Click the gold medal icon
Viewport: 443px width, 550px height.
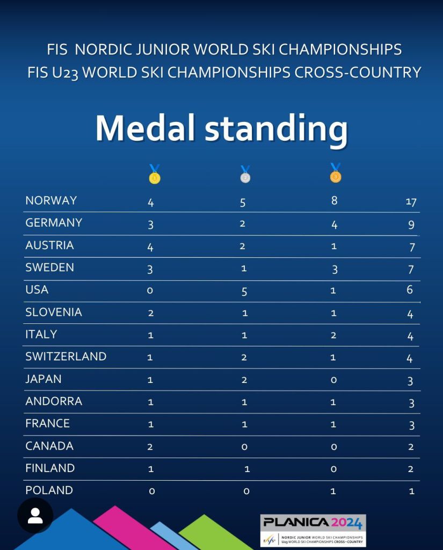155,175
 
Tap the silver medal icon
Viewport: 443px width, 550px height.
245,175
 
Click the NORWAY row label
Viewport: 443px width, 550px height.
51,200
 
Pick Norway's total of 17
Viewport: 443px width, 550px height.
411,202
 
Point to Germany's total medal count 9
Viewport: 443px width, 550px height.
411,225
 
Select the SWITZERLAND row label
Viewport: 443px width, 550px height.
66,357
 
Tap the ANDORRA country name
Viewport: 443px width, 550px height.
54,401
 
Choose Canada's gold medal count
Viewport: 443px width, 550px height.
151,446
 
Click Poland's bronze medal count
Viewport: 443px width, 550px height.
333,491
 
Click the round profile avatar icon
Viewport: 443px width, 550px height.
35,516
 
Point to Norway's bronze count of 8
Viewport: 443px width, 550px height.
334,201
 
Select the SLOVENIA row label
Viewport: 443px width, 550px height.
54,312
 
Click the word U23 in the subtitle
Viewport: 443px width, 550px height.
65,73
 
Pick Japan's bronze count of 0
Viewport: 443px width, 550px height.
333,380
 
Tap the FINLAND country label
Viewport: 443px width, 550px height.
50,468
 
